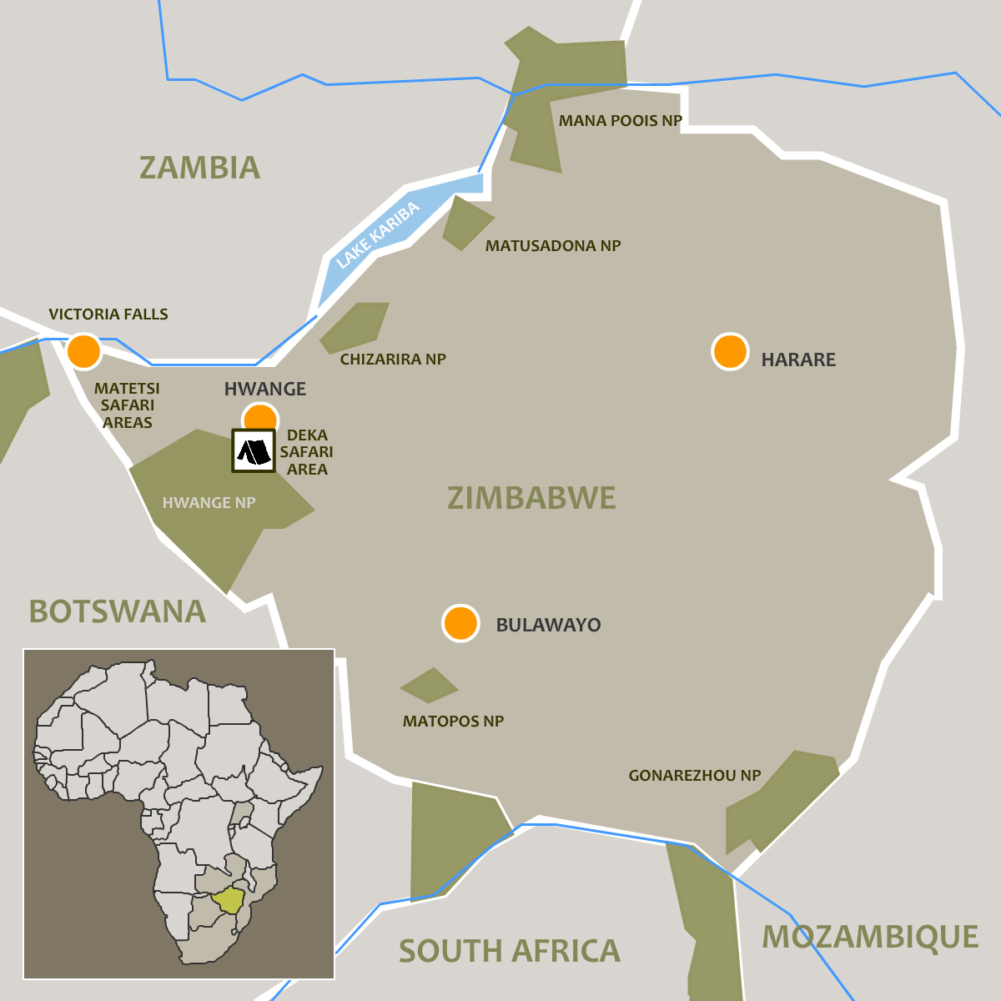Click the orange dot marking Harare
tap(730, 352)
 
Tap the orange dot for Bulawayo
tap(460, 623)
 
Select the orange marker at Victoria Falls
tap(83, 351)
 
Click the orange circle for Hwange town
tap(260, 417)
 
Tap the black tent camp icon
tap(254, 451)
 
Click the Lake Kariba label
tap(377, 236)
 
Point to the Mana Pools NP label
tap(620, 121)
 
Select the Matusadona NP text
tap(553, 246)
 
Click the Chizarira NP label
tap(393, 360)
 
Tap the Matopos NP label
tap(453, 722)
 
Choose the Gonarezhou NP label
tap(694, 776)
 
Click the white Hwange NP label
tap(209, 503)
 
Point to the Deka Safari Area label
tap(307, 452)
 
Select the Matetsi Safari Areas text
tap(127, 405)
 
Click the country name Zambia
tap(199, 168)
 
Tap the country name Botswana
tap(118, 611)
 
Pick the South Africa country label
tap(509, 951)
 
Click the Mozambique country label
tap(870, 937)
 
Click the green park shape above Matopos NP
tap(429, 686)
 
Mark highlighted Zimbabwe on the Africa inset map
tap(227, 901)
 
